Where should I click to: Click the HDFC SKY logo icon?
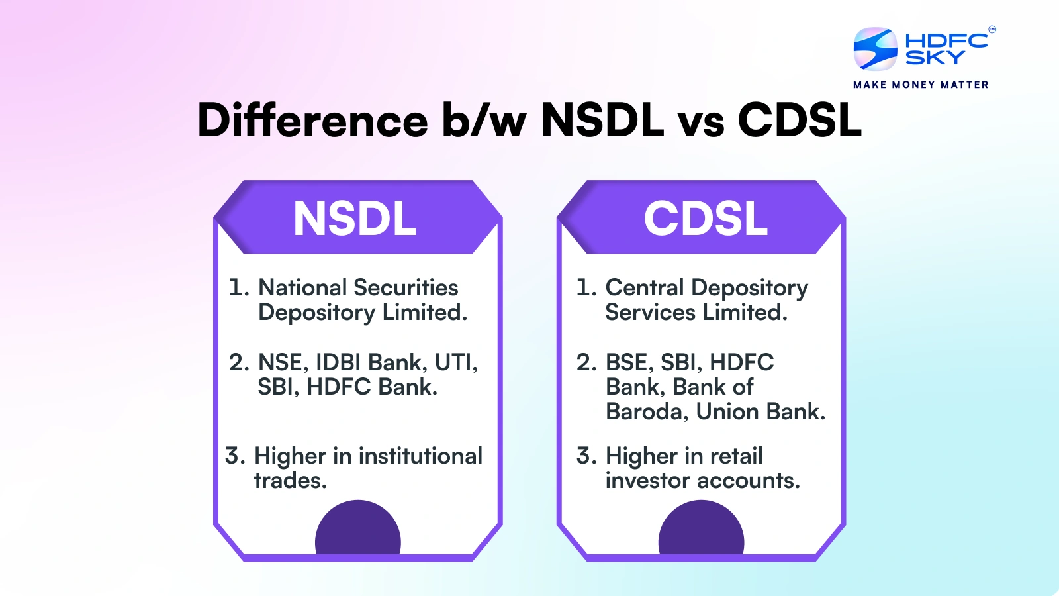coord(875,49)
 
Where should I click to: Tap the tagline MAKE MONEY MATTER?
coord(921,85)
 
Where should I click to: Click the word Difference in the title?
coord(312,120)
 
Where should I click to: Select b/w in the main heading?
coord(484,120)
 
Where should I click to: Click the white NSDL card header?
coord(355,218)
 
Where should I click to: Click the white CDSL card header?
coord(706,218)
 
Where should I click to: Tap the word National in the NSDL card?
coord(302,287)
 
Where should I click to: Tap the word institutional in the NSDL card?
coord(420,456)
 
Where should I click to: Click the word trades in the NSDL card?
coord(291,481)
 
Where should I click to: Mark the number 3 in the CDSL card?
coord(586,456)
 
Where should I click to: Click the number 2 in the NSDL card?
coord(239,363)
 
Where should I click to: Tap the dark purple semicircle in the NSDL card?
coord(358,527)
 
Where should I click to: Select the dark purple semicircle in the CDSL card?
coord(701,527)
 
